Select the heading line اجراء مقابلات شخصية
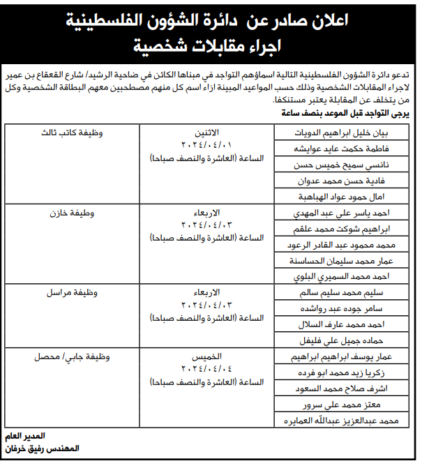point(214,47)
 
